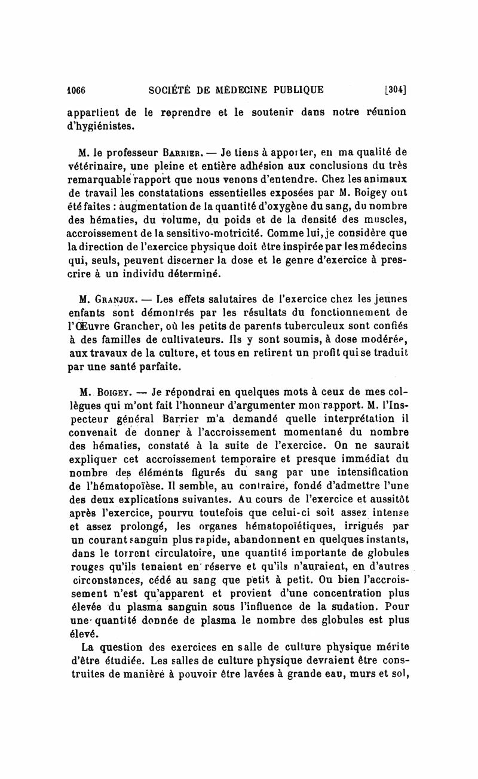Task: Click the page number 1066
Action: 76,90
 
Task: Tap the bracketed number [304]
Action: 396,90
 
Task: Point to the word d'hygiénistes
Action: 99,127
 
